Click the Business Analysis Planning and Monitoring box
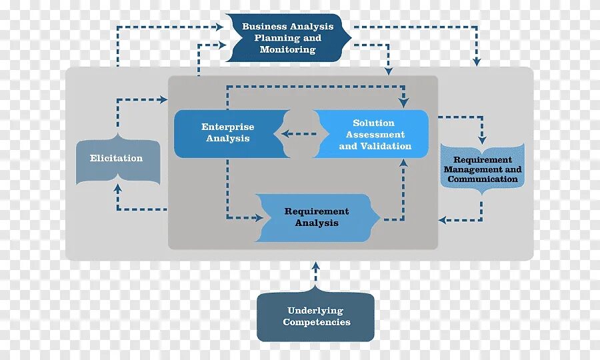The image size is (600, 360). [288, 38]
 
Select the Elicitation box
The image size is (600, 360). [117, 159]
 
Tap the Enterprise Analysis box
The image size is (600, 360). [228, 133]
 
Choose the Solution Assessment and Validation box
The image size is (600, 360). [375, 134]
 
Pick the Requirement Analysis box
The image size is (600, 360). [317, 217]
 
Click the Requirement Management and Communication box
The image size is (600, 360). [483, 169]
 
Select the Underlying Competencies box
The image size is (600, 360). [316, 317]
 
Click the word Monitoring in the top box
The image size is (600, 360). [288, 50]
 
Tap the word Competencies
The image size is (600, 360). [316, 323]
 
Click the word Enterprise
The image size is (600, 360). [228, 127]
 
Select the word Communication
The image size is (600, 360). [483, 179]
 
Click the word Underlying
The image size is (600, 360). [315, 311]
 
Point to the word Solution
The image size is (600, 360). [374, 123]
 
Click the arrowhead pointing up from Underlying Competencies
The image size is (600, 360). [316, 265]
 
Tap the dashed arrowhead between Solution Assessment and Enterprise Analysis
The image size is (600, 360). [285, 134]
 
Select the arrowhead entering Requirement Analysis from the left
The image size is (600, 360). [259, 217]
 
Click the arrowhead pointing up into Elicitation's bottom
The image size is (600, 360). [118, 188]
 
